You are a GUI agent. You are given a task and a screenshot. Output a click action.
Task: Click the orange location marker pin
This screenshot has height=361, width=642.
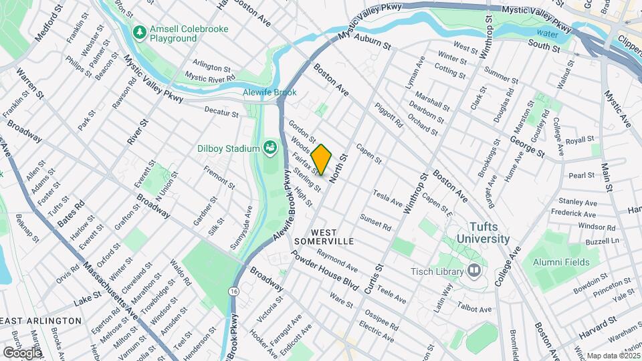tap(321, 159)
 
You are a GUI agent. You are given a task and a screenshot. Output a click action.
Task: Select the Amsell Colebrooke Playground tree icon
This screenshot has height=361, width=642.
tap(140, 31)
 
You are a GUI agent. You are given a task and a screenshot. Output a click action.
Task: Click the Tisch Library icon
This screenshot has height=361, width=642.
tap(474, 271)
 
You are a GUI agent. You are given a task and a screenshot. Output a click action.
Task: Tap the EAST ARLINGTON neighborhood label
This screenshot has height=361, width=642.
tap(41, 321)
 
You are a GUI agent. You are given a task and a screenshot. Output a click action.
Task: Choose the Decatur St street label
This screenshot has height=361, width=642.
tap(221, 112)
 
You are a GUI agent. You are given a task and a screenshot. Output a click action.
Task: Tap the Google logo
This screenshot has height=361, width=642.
tap(22, 352)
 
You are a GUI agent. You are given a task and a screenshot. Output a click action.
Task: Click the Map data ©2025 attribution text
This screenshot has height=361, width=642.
tap(613, 355)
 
